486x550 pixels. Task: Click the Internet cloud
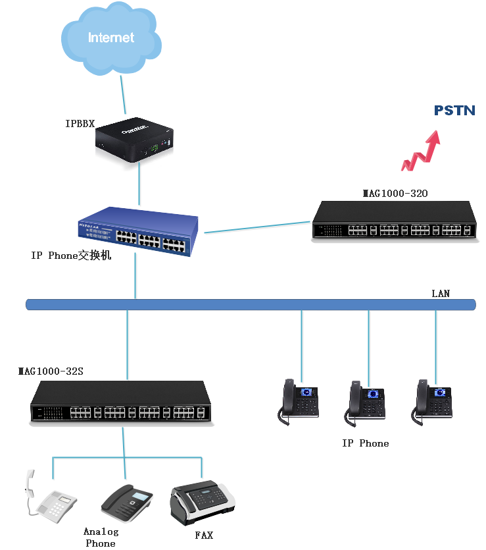pos(110,40)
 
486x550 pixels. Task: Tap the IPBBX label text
pos(80,123)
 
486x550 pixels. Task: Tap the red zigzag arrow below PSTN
pos(421,151)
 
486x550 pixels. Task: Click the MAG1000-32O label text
pos(395,194)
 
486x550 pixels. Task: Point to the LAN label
pos(441,293)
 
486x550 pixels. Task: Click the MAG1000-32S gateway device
pos(120,402)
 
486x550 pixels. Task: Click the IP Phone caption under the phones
pos(365,443)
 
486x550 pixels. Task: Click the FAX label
pos(204,536)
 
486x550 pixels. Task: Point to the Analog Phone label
pos(101,537)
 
